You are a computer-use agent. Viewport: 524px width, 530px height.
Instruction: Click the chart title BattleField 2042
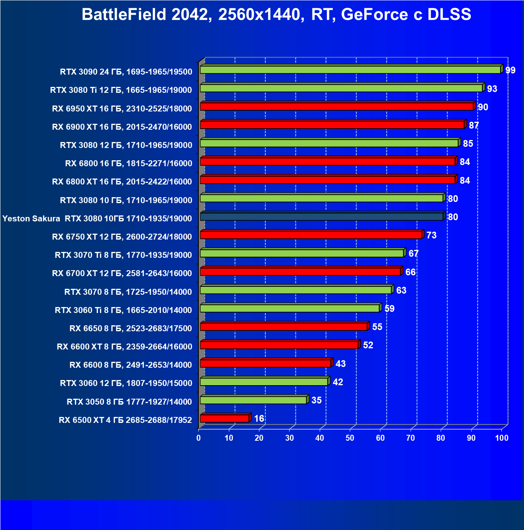[x=276, y=15]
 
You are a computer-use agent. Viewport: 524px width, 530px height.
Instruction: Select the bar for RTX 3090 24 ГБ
[x=350, y=70]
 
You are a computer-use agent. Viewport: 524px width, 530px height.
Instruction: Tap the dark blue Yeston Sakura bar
[x=321, y=217]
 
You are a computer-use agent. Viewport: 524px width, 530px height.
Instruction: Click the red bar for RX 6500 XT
[x=225, y=419]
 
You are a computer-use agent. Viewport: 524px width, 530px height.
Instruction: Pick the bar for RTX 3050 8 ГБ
[x=253, y=400]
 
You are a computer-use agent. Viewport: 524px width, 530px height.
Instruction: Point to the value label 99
[x=510, y=70]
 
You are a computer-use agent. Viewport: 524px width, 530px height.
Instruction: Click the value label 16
[x=259, y=419]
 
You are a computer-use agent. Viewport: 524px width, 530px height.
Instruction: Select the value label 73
[x=431, y=235]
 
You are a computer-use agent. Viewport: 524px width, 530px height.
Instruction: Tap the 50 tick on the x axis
[x=350, y=438]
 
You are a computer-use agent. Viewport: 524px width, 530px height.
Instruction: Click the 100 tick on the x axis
[x=502, y=438]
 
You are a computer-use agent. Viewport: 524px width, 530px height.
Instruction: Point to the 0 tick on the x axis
[x=199, y=438]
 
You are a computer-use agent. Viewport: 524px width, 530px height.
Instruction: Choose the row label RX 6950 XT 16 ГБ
[x=122, y=109]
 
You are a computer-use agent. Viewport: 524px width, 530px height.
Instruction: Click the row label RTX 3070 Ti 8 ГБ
[x=123, y=255]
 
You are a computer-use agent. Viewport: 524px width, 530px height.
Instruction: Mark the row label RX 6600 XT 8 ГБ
[x=124, y=347]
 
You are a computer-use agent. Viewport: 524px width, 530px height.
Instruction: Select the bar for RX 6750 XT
[x=311, y=235]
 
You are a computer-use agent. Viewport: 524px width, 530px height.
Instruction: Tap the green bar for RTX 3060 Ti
[x=290, y=308]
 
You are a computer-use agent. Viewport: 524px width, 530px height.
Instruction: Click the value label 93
[x=492, y=89]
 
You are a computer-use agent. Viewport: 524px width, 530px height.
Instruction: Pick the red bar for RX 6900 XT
[x=332, y=125]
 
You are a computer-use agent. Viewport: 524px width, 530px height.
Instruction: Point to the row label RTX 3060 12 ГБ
[x=126, y=383]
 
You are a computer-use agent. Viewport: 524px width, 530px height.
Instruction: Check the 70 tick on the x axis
[x=411, y=438]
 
